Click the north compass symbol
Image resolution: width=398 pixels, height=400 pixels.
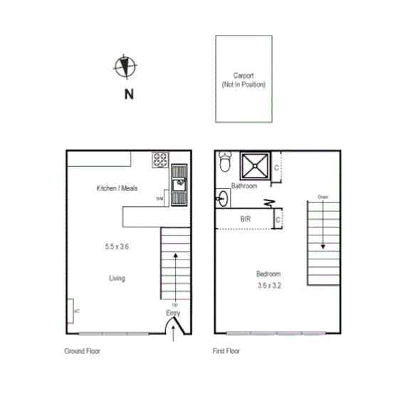pyautogui.click(x=125, y=67)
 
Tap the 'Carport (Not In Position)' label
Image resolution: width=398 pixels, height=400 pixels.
pyautogui.click(x=243, y=80)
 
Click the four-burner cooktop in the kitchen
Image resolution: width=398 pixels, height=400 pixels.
pyautogui.click(x=159, y=159)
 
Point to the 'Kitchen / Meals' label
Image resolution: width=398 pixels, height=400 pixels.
pyautogui.click(x=117, y=189)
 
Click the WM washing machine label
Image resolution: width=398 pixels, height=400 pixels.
pyautogui.click(x=160, y=199)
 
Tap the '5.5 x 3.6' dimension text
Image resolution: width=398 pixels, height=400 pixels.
pyautogui.click(x=116, y=247)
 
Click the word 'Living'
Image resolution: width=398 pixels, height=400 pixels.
pyautogui.click(x=117, y=278)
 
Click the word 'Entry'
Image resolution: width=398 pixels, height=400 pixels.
pyautogui.click(x=173, y=313)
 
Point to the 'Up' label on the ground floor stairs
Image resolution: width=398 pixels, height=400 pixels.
pyautogui.click(x=174, y=304)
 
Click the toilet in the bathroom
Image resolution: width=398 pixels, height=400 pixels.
pyautogui.click(x=225, y=163)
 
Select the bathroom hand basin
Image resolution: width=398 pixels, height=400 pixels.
pyautogui.click(x=221, y=198)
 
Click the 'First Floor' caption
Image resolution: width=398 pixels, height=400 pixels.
pyautogui.click(x=227, y=352)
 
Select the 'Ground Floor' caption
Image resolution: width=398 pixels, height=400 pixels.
pyautogui.click(x=80, y=352)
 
